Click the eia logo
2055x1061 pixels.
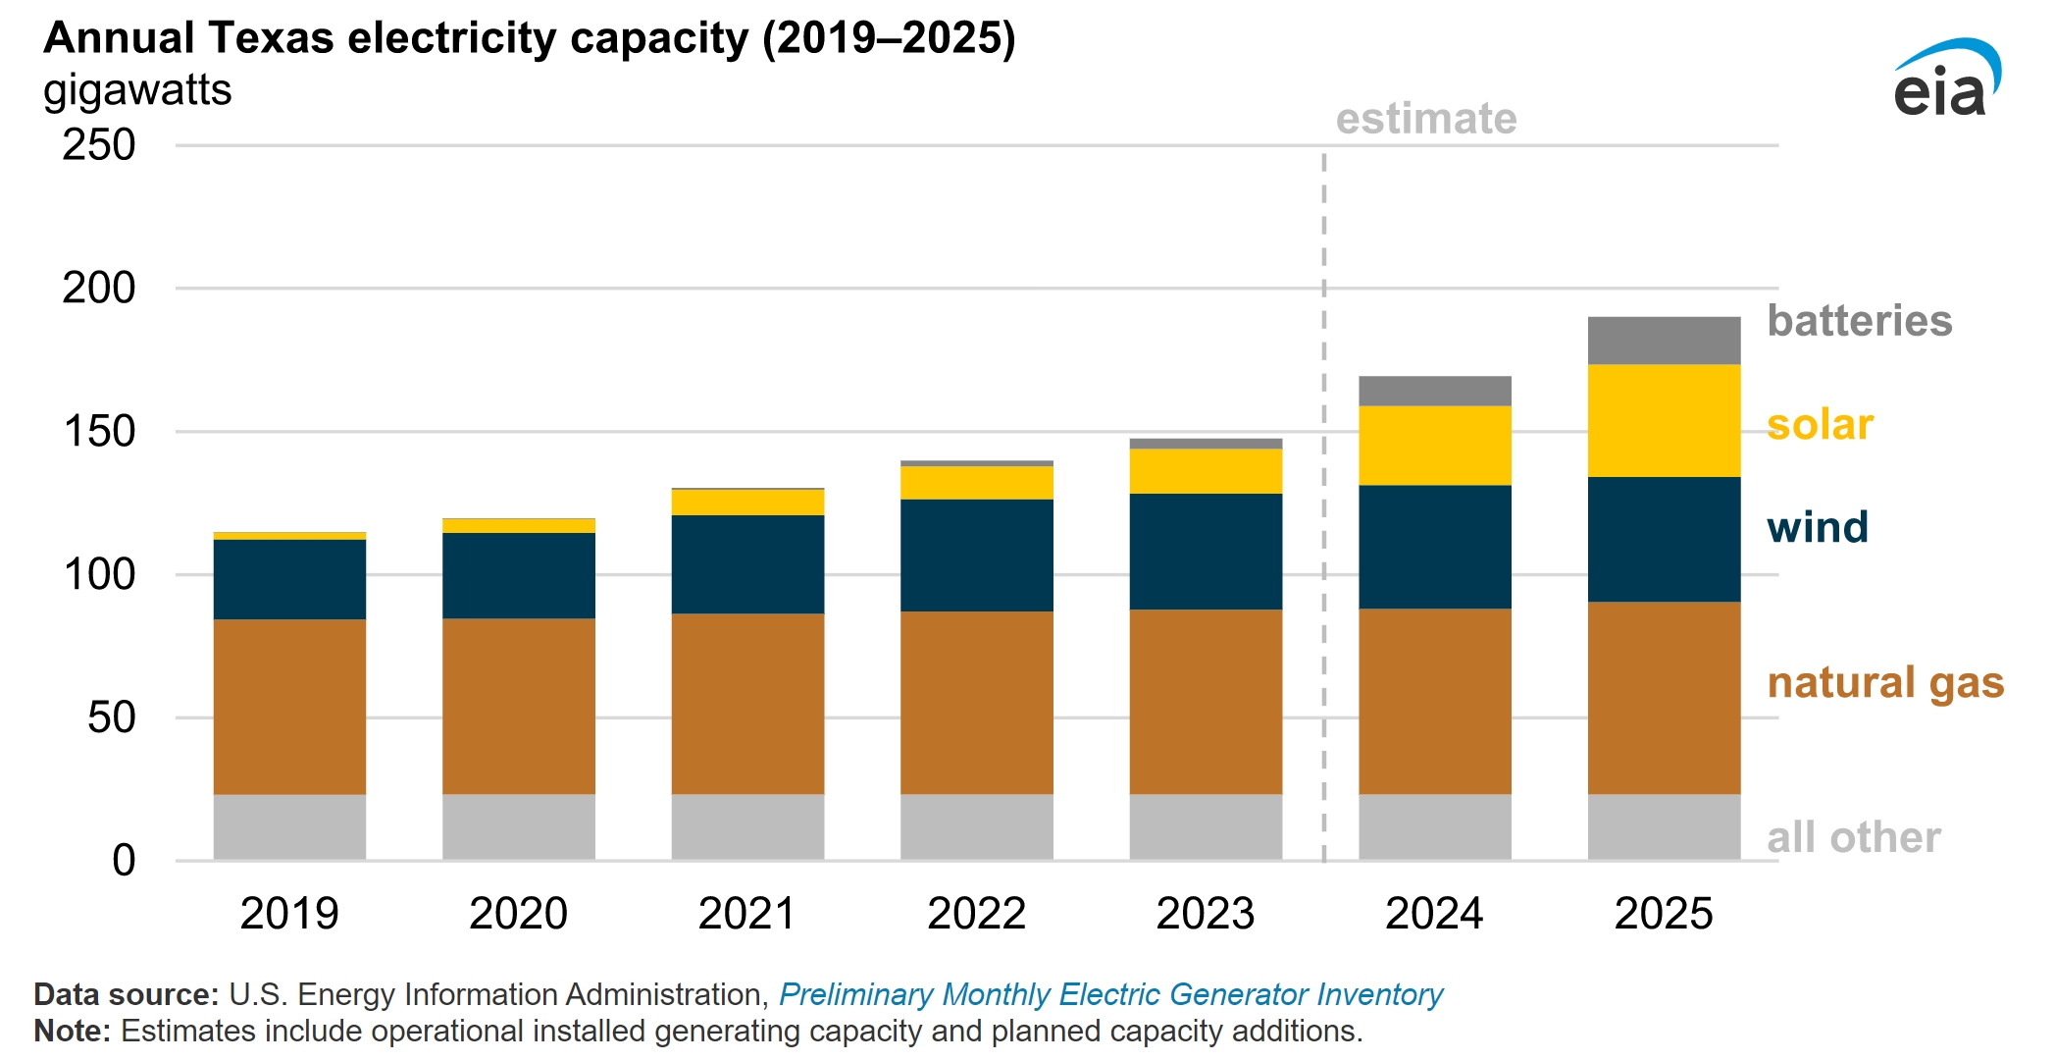1945,80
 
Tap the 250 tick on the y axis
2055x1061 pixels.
98,145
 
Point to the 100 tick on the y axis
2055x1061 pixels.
98,575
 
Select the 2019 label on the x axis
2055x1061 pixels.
289,914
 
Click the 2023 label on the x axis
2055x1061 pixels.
1206,914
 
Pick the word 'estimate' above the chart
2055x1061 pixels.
1426,119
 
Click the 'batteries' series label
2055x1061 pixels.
1859,321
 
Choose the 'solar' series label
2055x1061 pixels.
1820,425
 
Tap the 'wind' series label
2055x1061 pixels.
1818,528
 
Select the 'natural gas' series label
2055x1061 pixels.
1884,683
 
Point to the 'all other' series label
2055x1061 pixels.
1853,838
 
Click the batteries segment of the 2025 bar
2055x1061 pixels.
1664,341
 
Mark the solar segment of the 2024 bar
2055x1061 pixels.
1434,446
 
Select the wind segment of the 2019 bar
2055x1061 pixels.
289,579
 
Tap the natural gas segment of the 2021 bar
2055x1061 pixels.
747,704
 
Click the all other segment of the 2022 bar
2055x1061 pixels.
976,826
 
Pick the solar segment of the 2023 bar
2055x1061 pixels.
1206,471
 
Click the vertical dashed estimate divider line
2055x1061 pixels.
1324,491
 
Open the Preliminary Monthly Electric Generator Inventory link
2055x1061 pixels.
1110,995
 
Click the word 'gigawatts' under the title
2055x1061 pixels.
137,90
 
